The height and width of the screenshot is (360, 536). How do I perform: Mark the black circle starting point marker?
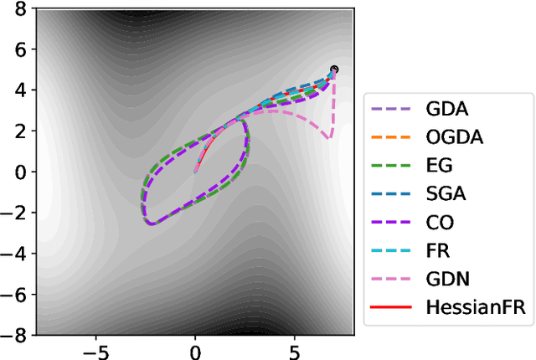click(x=334, y=69)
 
